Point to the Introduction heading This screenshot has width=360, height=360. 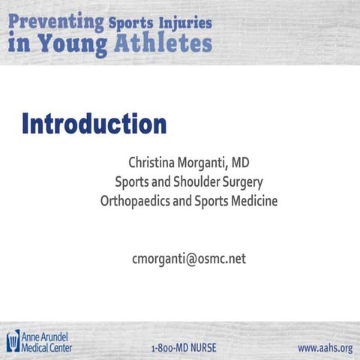click(x=94, y=123)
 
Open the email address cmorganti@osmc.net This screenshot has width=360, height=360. click(x=188, y=259)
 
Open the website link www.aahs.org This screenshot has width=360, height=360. click(x=325, y=348)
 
